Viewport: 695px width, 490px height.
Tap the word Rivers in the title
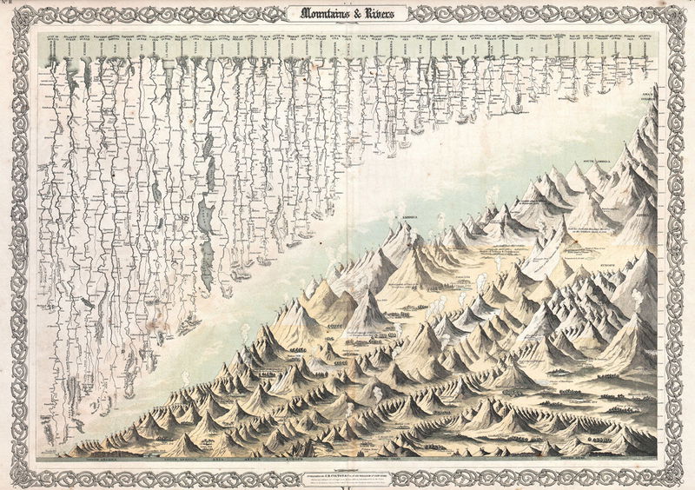(377, 14)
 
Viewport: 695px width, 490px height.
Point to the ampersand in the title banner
(352, 14)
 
